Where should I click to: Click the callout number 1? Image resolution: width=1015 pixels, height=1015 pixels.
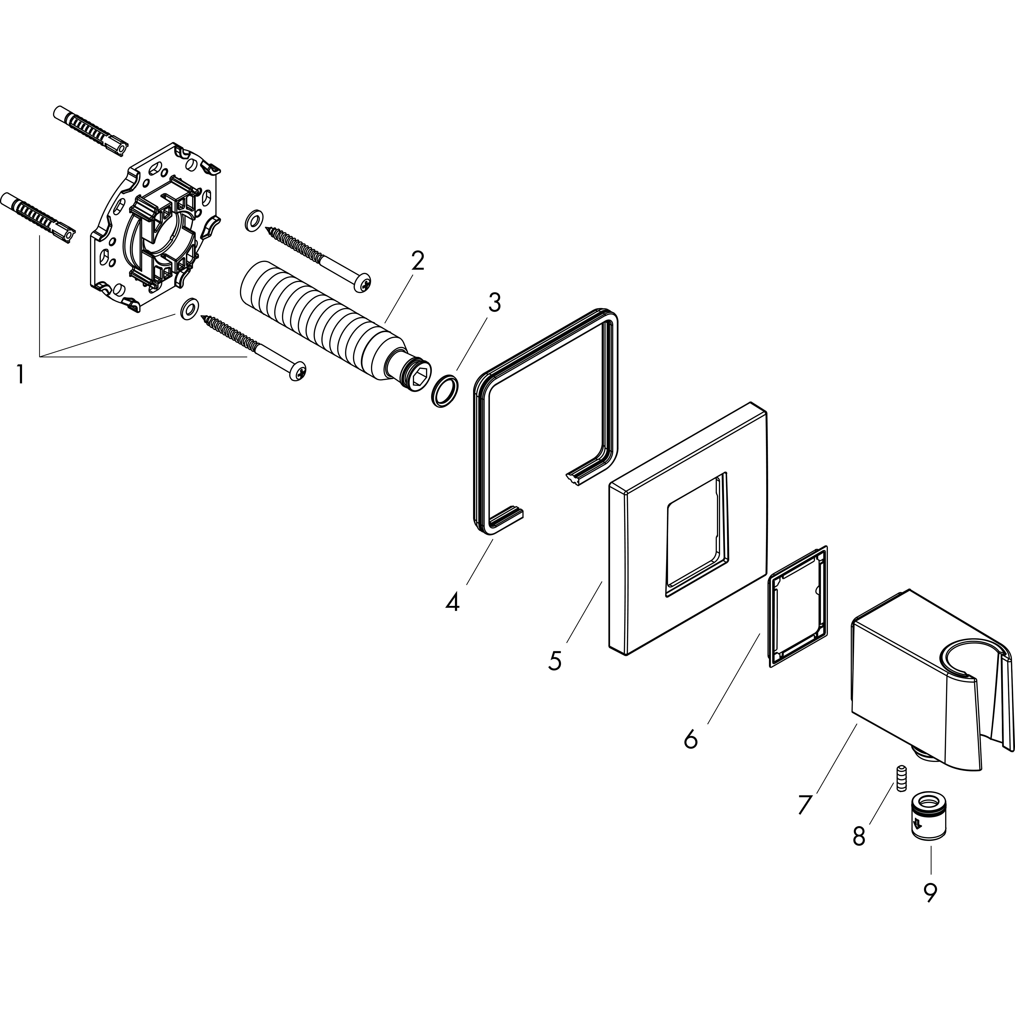point(20,375)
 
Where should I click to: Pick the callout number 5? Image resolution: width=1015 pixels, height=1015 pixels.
point(554,660)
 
